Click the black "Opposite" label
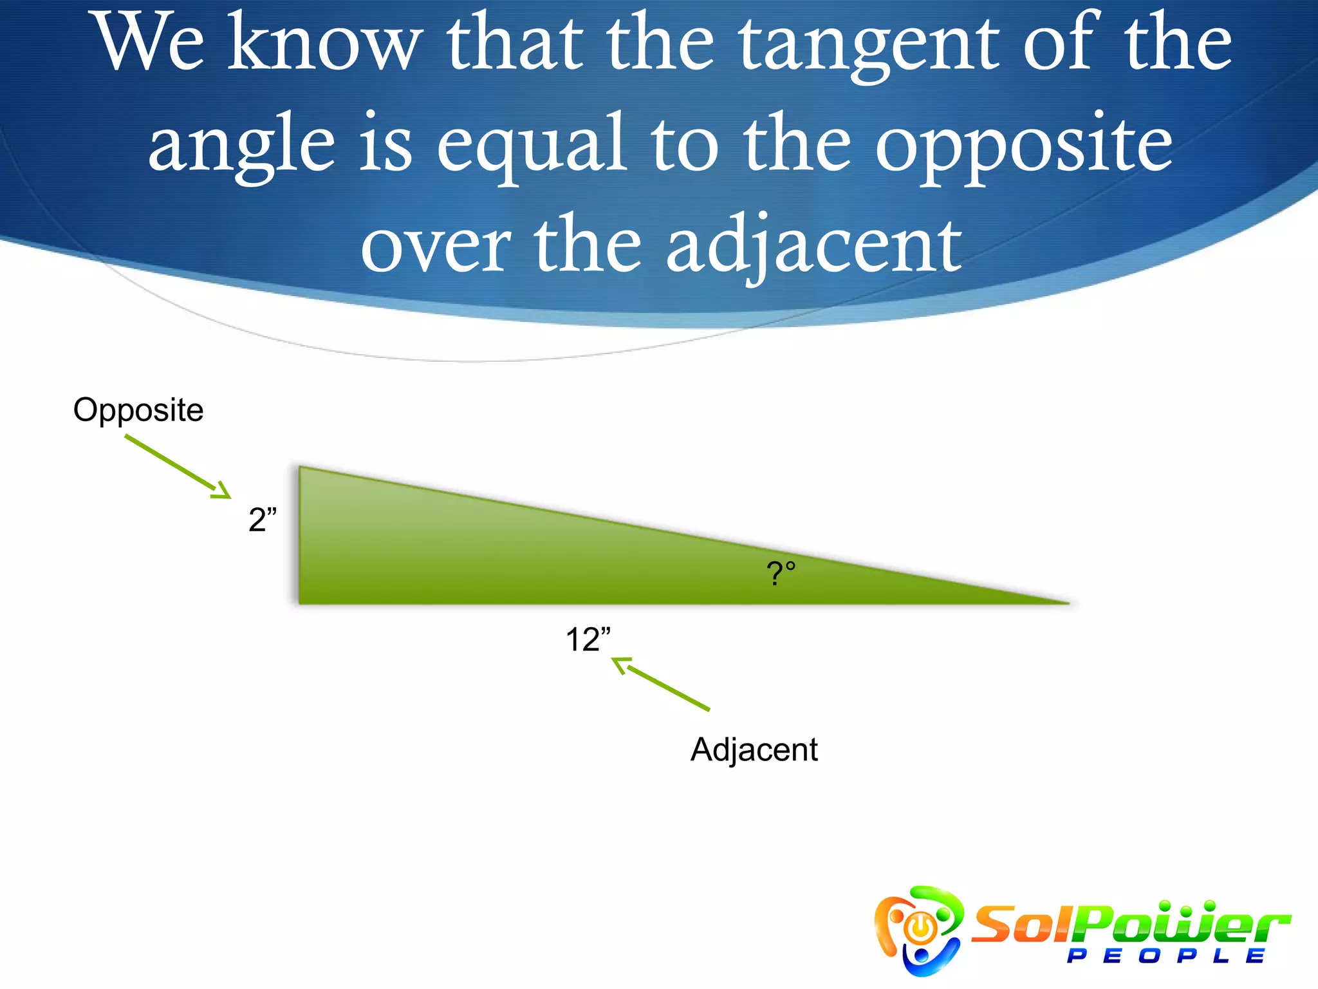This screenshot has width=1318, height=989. pyautogui.click(x=138, y=410)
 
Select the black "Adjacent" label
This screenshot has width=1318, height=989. pyautogui.click(x=754, y=750)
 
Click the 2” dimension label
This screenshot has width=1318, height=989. pyautogui.click(x=263, y=519)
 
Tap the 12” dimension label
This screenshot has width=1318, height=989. pyautogui.click(x=588, y=639)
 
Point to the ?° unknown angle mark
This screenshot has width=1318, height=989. pyautogui.click(x=781, y=572)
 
